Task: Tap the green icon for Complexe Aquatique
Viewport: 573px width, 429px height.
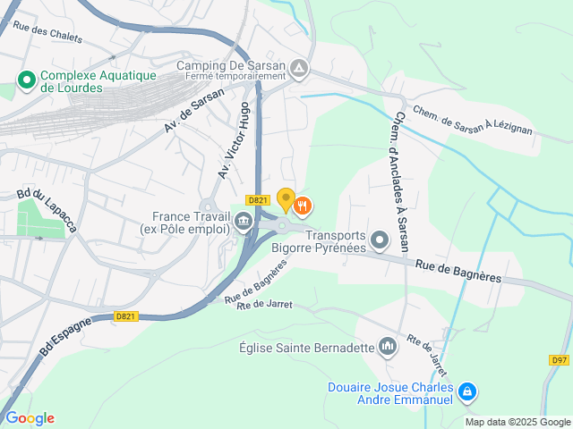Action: coord(27,81)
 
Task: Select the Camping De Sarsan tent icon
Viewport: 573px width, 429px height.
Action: coord(299,67)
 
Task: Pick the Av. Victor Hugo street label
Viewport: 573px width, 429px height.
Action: coord(234,139)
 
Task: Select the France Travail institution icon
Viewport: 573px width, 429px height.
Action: coord(243,223)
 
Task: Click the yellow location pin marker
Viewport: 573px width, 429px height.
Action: coord(286,199)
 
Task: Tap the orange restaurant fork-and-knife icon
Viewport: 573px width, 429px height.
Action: coord(304,206)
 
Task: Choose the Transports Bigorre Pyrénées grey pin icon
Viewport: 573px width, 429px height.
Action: coord(381,239)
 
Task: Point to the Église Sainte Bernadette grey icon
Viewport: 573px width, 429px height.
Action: coord(388,345)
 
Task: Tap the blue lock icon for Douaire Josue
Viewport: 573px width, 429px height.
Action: coord(466,391)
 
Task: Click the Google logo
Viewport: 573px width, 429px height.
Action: coord(30,417)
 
